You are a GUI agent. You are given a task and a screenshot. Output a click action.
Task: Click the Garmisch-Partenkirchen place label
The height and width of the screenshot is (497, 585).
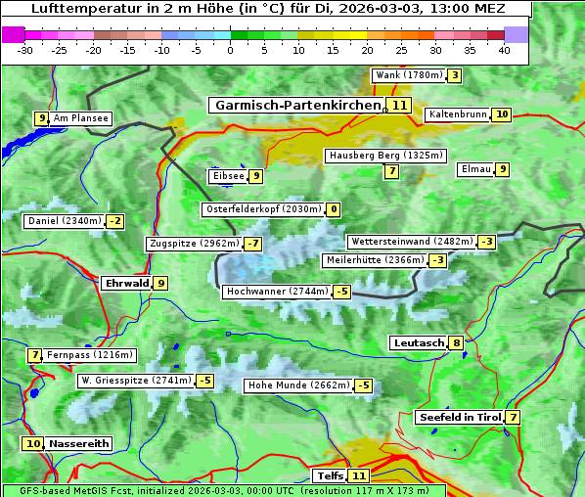(x=295, y=105)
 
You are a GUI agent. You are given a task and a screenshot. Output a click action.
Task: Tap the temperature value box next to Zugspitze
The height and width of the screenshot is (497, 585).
(x=253, y=244)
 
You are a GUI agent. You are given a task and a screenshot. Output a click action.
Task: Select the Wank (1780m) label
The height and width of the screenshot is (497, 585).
(x=409, y=75)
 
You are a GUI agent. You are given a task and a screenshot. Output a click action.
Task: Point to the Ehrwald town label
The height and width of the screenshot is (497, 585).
(x=126, y=284)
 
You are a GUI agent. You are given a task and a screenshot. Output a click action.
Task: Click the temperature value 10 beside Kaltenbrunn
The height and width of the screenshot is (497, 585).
(x=502, y=114)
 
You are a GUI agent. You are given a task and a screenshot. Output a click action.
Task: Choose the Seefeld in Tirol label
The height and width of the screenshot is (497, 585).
(x=460, y=418)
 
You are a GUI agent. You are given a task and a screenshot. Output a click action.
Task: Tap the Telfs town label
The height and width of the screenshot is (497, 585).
(x=330, y=476)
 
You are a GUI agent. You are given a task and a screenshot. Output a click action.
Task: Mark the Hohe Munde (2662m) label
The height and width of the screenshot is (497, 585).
(x=298, y=385)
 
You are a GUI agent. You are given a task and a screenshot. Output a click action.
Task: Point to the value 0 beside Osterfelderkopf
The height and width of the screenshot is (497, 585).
(x=334, y=209)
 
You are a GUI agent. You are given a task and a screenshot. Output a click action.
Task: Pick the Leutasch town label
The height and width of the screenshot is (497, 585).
(x=419, y=343)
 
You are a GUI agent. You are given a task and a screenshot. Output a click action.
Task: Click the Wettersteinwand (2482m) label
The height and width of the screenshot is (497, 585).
(x=412, y=242)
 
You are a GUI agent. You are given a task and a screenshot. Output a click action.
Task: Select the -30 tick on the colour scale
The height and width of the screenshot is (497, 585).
(x=25, y=51)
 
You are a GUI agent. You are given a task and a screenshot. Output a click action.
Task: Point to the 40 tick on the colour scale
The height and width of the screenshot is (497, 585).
(x=504, y=51)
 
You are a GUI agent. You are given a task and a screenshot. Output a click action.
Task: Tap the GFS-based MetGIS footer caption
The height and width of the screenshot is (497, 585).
(x=223, y=490)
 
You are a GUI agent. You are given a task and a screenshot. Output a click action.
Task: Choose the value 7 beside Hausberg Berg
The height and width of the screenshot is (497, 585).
(x=391, y=171)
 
